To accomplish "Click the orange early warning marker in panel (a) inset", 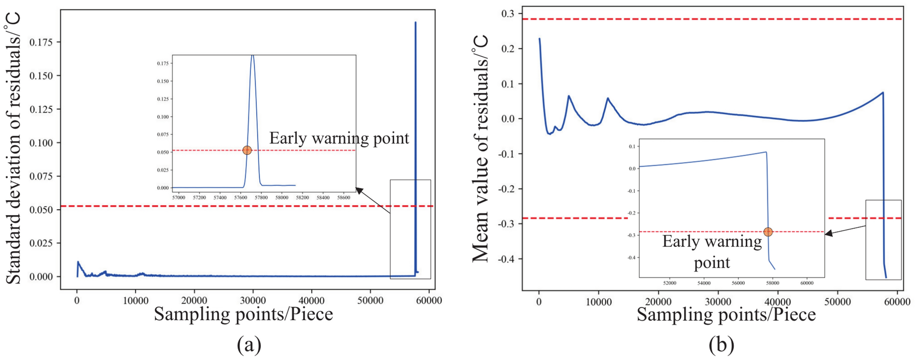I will [x=247, y=150].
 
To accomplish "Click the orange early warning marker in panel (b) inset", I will [x=768, y=232].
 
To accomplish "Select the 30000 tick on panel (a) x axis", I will [x=253, y=301].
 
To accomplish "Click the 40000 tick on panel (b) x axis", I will [x=778, y=302].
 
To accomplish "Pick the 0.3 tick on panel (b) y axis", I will [x=507, y=14].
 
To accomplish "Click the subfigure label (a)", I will [x=249, y=345].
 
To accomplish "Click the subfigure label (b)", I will [x=721, y=345].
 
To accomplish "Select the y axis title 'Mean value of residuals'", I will [x=481, y=148].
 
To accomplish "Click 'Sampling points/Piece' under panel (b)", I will [x=726, y=315].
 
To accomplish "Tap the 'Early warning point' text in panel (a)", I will [x=339, y=138].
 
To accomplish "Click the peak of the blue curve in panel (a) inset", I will [x=253, y=56].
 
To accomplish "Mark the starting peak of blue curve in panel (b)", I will [x=540, y=39].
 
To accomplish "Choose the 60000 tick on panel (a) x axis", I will [x=429, y=301].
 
